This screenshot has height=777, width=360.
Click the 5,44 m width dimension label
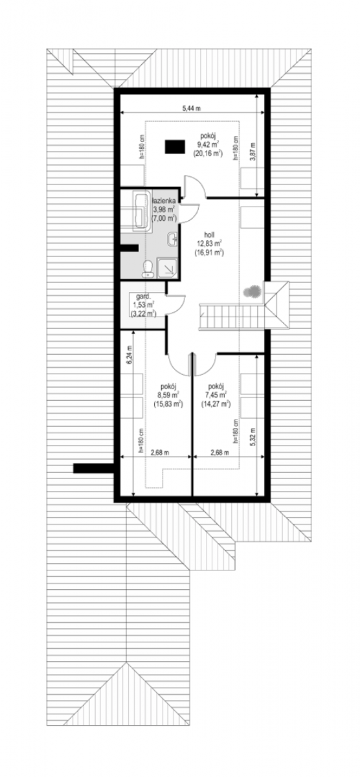click(x=192, y=108)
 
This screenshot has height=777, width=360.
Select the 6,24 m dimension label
click(x=129, y=355)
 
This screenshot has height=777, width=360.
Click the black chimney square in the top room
click(x=174, y=147)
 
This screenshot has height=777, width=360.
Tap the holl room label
click(x=209, y=236)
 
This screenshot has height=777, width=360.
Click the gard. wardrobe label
click(x=142, y=297)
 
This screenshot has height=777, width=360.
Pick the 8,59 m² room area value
click(x=168, y=395)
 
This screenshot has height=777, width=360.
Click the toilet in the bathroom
click(x=148, y=269)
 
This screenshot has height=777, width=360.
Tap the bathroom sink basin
click(x=172, y=239)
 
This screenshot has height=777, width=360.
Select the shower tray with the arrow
click(x=167, y=267)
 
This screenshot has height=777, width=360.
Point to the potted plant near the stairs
click(x=252, y=291)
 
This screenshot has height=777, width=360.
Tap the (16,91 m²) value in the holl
click(x=209, y=253)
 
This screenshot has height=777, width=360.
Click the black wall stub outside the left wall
click(x=94, y=468)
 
